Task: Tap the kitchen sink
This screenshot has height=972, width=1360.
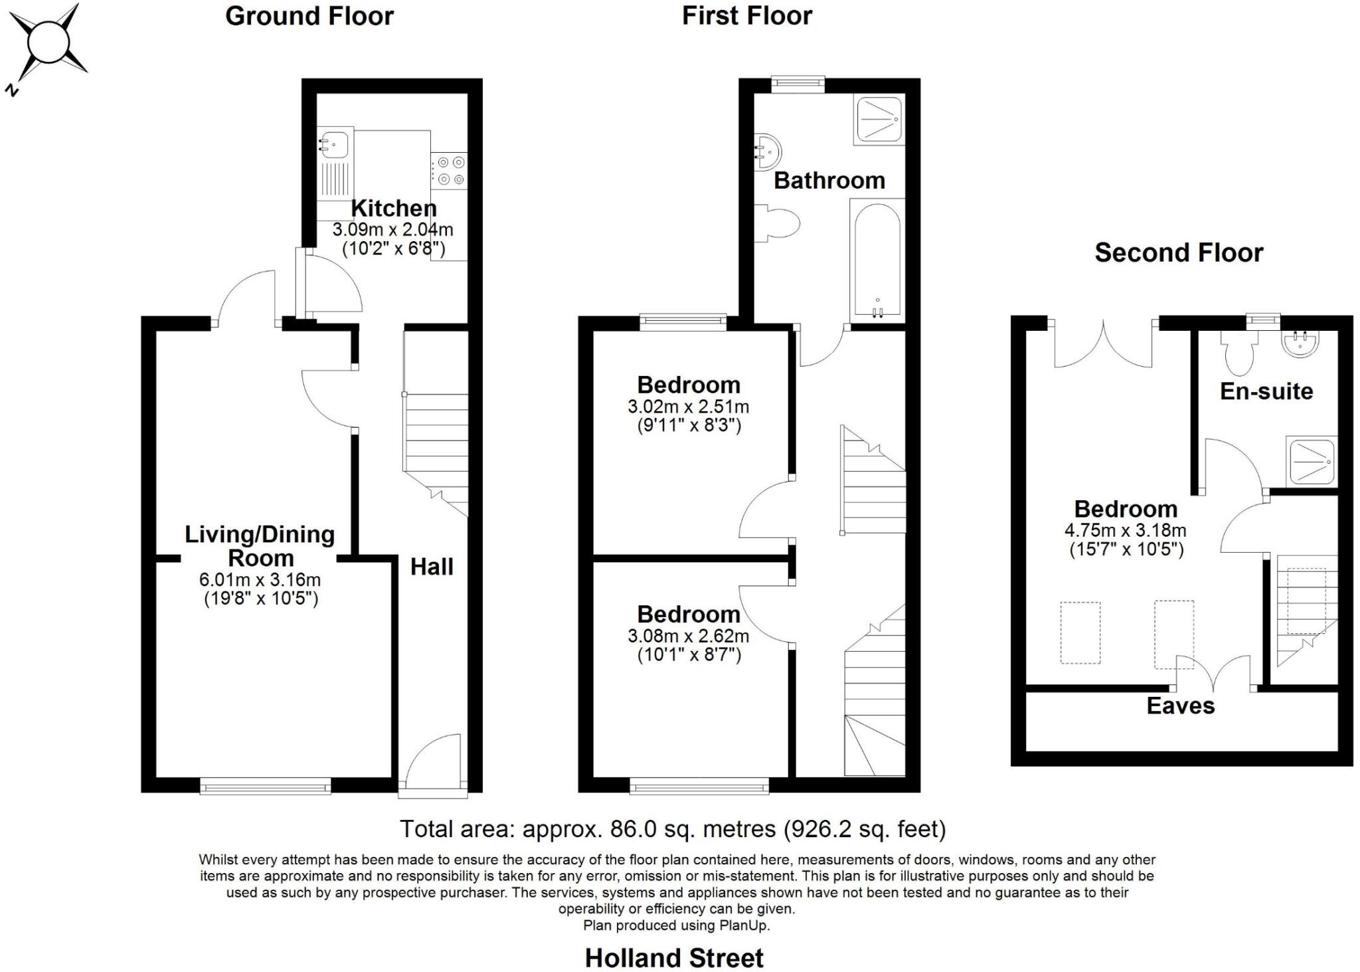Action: click(x=335, y=144)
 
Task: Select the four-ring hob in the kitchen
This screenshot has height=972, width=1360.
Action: click(x=450, y=170)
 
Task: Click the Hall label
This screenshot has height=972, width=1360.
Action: click(x=432, y=567)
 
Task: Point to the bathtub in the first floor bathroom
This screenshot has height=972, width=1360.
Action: click(x=877, y=259)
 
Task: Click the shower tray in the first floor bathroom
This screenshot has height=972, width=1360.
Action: click(x=879, y=120)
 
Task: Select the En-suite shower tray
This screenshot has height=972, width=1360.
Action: click(x=1311, y=461)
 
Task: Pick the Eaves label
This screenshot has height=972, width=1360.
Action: click(x=1180, y=706)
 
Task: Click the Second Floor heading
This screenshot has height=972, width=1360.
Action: click(x=1179, y=252)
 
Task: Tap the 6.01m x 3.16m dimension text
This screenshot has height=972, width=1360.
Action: click(x=260, y=579)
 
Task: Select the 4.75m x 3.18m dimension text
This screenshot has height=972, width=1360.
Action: click(x=1125, y=531)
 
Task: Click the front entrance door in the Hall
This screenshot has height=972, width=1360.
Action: click(x=434, y=764)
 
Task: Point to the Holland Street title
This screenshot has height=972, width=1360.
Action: click(x=674, y=958)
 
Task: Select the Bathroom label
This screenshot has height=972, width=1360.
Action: click(x=829, y=181)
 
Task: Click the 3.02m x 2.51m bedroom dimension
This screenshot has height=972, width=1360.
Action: click(x=688, y=406)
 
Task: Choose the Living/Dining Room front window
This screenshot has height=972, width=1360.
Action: click(x=266, y=787)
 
